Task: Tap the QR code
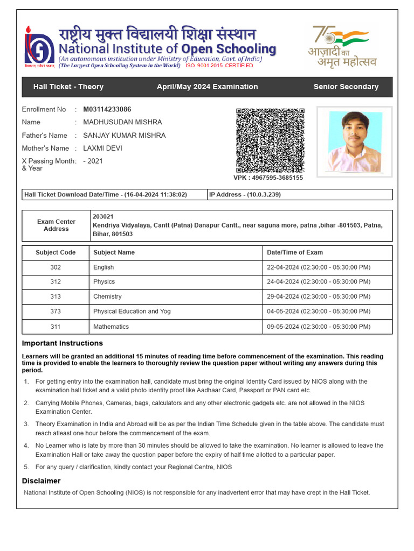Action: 270,140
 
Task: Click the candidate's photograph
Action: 355,142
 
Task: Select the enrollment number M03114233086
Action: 107,109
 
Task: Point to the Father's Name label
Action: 44,135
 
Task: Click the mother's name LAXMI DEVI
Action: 102,148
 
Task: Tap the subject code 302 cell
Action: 56,267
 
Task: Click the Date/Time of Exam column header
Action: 294,252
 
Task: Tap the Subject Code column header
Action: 56,252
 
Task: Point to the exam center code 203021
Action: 103,216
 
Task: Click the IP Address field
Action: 245,195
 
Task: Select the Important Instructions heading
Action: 62,343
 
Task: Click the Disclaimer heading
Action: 41,481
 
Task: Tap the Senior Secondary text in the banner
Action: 346,87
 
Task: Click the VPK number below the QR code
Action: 268,178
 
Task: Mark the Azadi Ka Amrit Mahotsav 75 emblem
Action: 342,46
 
